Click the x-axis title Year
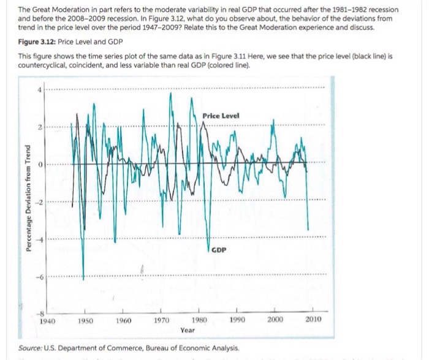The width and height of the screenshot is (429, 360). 188,329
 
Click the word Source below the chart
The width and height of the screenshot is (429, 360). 26,347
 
